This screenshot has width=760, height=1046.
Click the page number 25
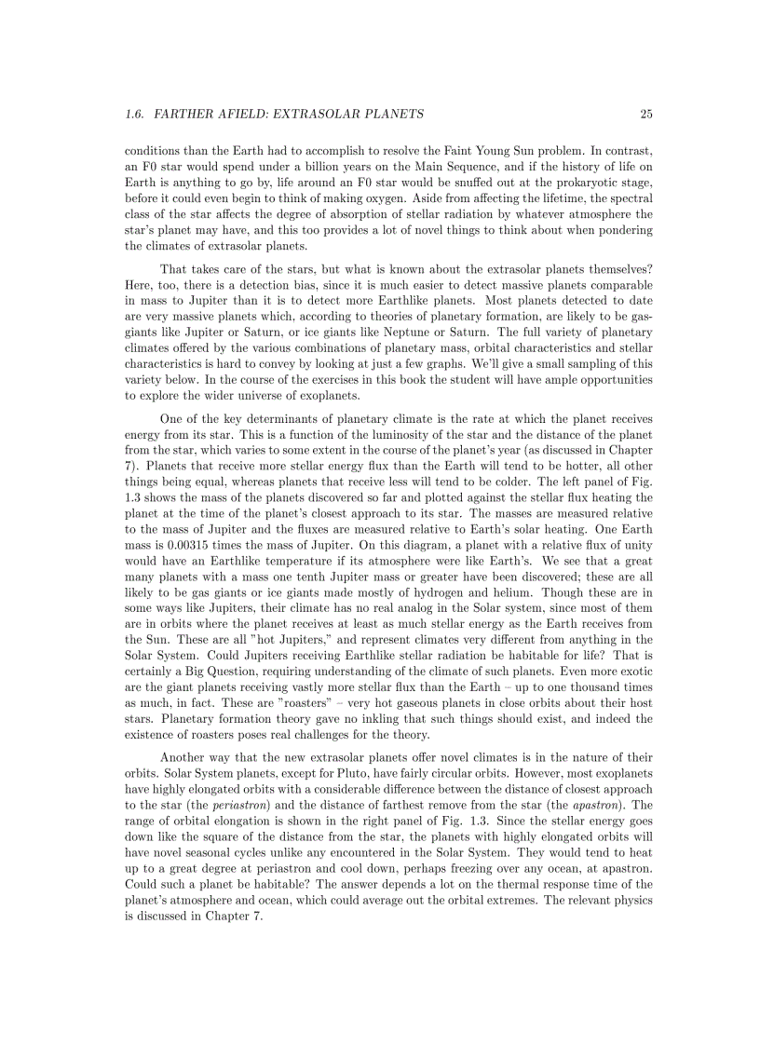(x=646, y=115)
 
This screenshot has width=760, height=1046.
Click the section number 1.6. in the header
(x=136, y=115)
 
